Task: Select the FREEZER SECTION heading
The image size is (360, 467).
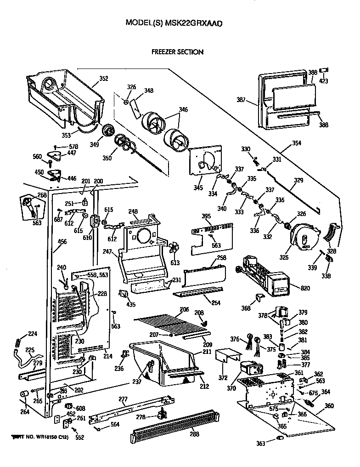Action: (x=177, y=52)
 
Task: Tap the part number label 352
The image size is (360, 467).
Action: (x=104, y=79)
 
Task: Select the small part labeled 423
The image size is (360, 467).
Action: (x=324, y=70)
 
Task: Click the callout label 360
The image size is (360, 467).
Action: (x=329, y=406)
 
